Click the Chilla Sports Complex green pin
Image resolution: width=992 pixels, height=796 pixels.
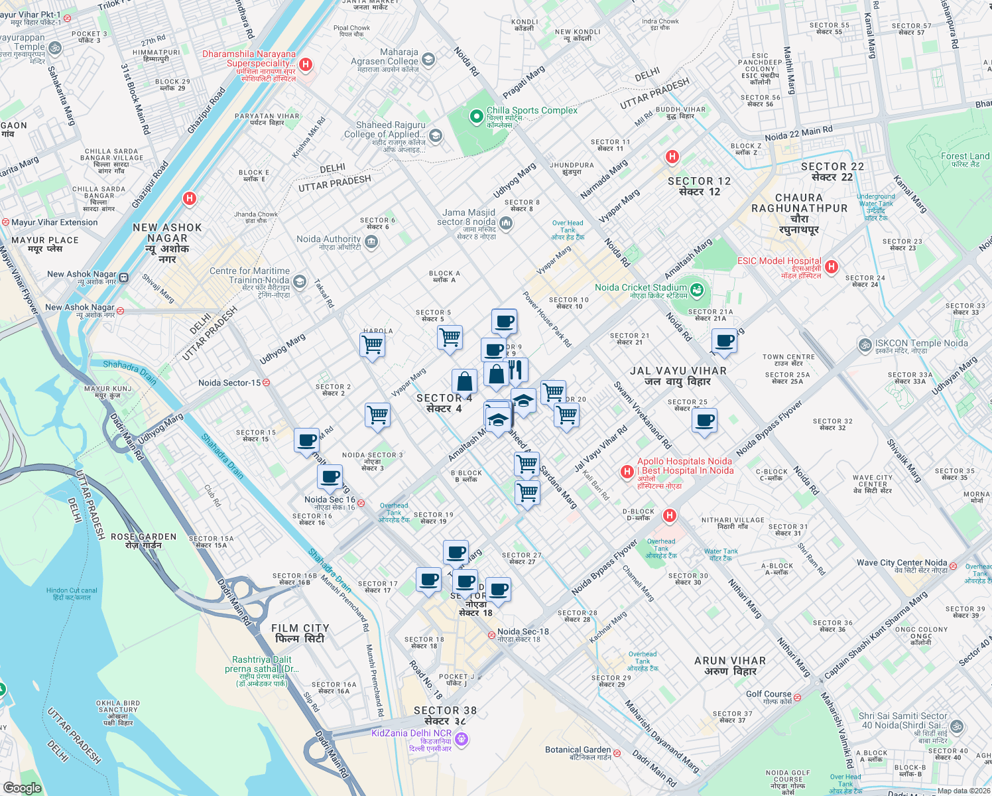475,117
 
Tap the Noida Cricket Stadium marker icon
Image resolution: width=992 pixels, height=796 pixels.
696,289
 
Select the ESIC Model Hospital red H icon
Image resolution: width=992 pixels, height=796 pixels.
831,267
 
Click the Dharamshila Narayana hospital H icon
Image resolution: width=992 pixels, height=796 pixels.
306,64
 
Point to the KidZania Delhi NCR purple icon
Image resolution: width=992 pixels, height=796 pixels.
462,738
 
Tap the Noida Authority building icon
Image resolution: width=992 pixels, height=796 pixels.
371,241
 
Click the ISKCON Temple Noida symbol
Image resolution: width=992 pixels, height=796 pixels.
865,344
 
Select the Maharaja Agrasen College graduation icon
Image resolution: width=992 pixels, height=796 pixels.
428,60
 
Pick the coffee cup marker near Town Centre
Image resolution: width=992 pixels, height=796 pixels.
725,342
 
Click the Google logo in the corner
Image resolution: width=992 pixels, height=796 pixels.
22,788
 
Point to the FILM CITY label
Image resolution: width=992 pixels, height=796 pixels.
300,633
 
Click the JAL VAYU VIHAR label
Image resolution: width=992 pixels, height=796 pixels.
678,375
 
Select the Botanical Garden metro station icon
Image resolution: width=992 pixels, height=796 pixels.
617,753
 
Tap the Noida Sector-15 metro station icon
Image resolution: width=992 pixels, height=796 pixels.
266,383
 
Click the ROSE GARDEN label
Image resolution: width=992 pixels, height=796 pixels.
144,541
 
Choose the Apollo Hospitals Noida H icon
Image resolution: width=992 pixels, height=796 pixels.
627,472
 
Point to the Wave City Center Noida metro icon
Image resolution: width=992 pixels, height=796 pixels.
953,566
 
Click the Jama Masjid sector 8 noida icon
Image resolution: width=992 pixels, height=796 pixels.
506,223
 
